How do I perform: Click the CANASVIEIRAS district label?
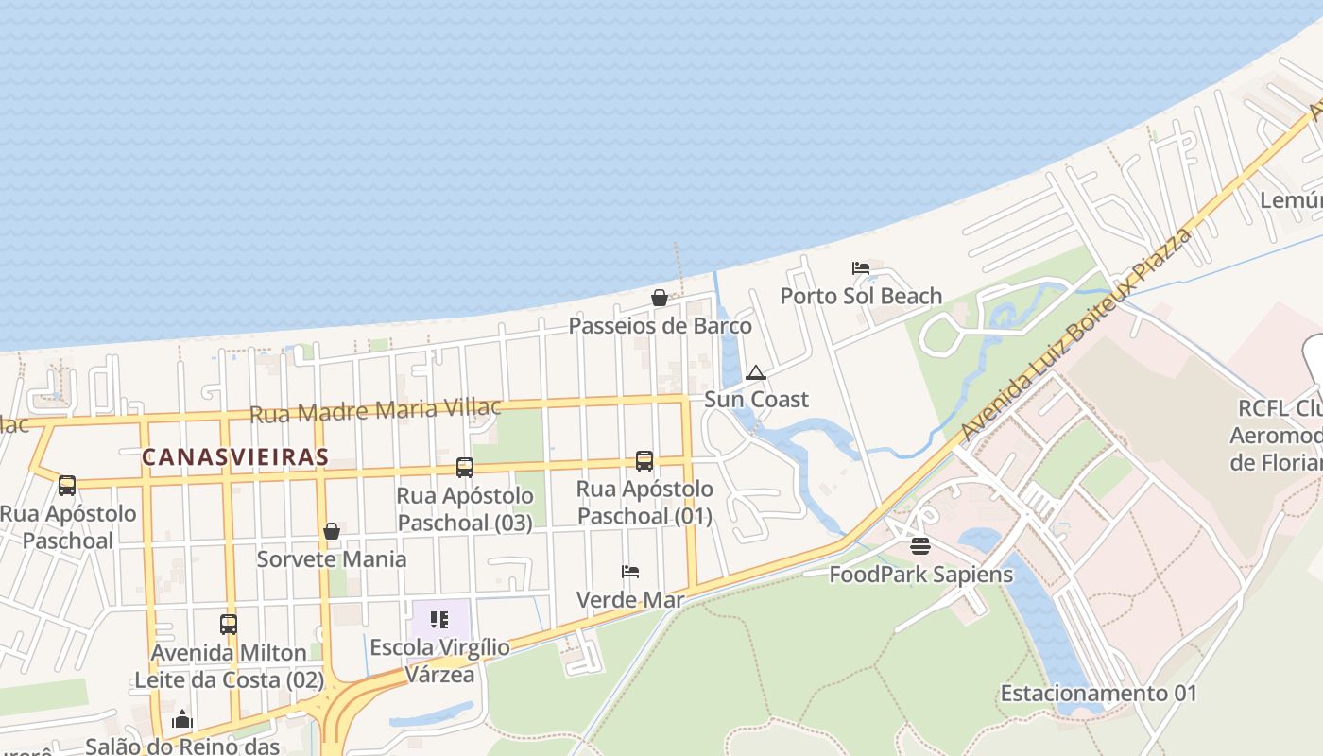pyautogui.click(x=235, y=457)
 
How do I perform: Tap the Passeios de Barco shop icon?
pyautogui.click(x=660, y=299)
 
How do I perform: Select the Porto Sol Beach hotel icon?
pyautogui.click(x=861, y=268)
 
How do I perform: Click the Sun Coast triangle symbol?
pyautogui.click(x=755, y=372)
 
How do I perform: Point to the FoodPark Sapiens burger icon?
pyautogui.click(x=920, y=546)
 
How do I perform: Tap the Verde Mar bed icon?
pyautogui.click(x=630, y=572)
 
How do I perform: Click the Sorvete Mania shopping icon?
pyautogui.click(x=332, y=531)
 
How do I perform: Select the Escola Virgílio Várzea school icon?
pyautogui.click(x=439, y=620)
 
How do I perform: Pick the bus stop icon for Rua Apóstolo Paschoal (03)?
pyautogui.click(x=465, y=467)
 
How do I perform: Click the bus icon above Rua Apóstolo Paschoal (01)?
pyautogui.click(x=644, y=461)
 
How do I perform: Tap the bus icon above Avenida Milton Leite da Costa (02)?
pyautogui.click(x=229, y=625)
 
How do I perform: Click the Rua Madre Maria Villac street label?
pyautogui.click(x=375, y=411)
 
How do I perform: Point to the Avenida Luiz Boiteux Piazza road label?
pyautogui.click(x=1077, y=335)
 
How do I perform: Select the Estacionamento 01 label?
pyautogui.click(x=1098, y=694)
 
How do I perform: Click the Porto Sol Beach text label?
pyautogui.click(x=861, y=297)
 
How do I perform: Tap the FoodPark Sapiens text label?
pyautogui.click(x=920, y=575)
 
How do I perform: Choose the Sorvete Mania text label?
pyautogui.click(x=332, y=559)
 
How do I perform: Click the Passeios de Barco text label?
pyautogui.click(x=660, y=327)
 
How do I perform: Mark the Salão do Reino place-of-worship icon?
pyautogui.click(x=182, y=720)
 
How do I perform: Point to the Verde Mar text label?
pyautogui.click(x=630, y=600)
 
